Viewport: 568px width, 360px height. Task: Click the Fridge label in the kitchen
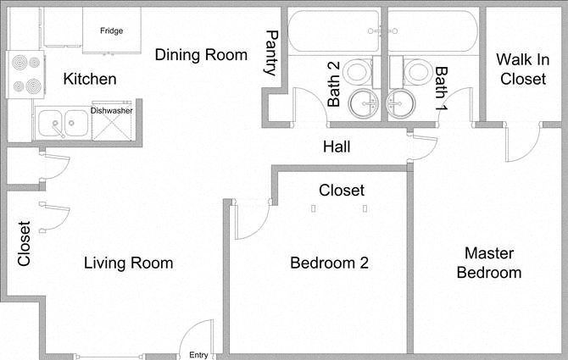(x=111, y=31)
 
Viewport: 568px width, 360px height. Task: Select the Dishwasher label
(x=111, y=110)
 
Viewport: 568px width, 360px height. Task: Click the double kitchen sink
(x=61, y=124)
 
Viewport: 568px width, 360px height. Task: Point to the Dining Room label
(x=201, y=55)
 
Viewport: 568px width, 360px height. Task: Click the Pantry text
(x=271, y=53)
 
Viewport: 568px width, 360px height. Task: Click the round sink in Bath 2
(x=366, y=103)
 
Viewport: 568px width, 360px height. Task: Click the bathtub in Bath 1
(x=432, y=31)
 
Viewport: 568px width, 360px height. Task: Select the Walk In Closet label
(x=523, y=69)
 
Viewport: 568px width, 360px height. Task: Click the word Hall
(x=337, y=147)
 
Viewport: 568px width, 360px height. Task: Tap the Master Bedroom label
(x=488, y=263)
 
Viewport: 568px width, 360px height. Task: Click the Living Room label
(x=128, y=263)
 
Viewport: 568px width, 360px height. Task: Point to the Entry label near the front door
(x=198, y=355)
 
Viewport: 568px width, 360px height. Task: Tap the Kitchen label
(x=90, y=80)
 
